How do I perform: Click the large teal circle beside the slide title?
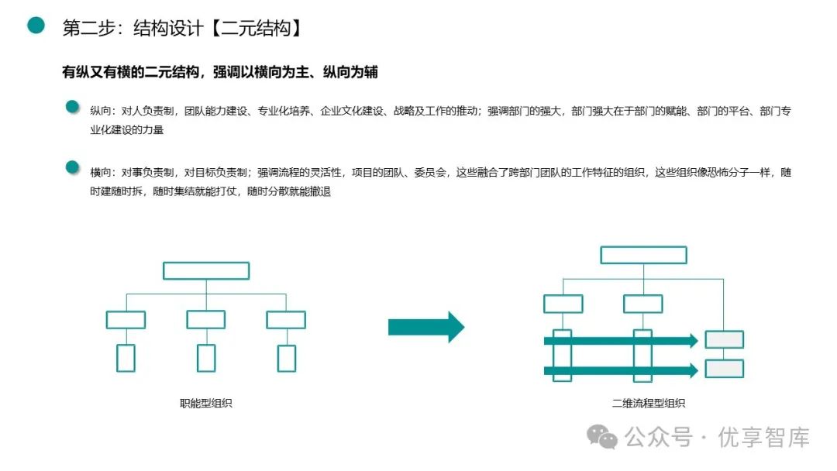(36, 26)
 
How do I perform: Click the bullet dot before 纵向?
(72, 107)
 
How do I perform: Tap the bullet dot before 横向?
(72, 167)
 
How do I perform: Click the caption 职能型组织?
(206, 403)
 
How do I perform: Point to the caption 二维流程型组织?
(648, 403)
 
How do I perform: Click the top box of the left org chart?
(206, 270)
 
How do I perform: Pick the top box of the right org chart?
(643, 255)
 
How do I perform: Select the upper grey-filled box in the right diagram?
(724, 339)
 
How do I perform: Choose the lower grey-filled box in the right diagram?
(724, 369)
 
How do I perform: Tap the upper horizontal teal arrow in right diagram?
(620, 340)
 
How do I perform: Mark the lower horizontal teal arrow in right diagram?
(620, 370)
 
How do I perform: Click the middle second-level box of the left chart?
(206, 319)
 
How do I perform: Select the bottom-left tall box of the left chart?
(126, 357)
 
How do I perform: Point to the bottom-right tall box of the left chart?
(287, 357)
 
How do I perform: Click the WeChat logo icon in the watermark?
(602, 438)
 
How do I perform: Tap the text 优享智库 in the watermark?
(763, 438)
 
